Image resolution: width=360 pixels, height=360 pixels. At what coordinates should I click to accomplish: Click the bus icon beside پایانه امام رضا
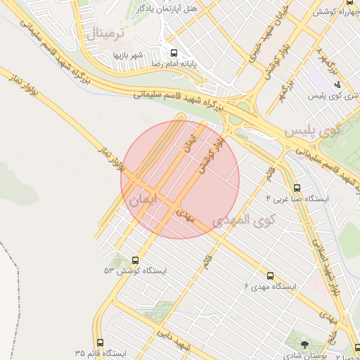coord(174,52)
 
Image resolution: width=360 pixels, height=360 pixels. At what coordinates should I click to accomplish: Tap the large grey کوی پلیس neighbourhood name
coord(311,131)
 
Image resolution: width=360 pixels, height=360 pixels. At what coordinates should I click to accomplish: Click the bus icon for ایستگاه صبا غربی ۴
coord(297,188)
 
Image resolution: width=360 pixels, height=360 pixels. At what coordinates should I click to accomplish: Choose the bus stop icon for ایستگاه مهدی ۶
coord(271,276)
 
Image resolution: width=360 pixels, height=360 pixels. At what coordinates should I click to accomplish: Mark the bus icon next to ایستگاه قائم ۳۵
coord(99,342)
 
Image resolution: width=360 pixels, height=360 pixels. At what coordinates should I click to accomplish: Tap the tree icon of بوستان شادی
coord(304,344)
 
